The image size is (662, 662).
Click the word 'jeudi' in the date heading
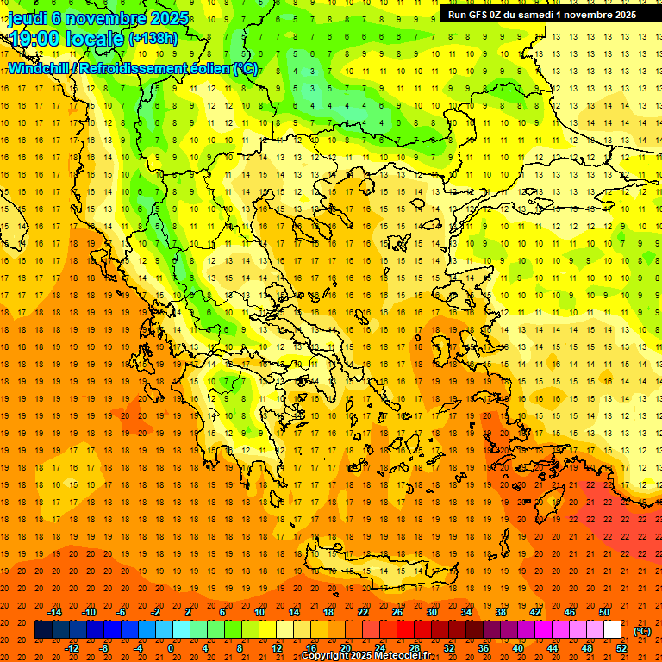(x=27, y=18)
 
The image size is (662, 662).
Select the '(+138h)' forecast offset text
(x=153, y=39)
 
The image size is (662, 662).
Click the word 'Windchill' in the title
(x=38, y=68)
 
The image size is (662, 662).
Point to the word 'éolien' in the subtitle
(x=205, y=68)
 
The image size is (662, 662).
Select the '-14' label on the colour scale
(x=55, y=612)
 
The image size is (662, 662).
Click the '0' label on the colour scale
(x=171, y=648)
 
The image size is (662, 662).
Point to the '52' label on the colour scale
(x=621, y=648)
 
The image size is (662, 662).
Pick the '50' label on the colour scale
(x=603, y=612)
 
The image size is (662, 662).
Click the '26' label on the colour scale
(x=397, y=612)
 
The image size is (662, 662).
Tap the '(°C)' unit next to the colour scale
(x=641, y=631)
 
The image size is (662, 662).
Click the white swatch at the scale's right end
(x=613, y=630)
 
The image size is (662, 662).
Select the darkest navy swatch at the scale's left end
(x=43, y=630)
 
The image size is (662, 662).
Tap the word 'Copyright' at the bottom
(x=326, y=656)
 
